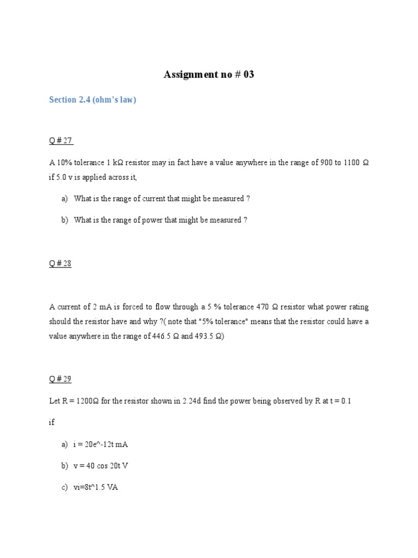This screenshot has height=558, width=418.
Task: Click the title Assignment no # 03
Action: point(209,75)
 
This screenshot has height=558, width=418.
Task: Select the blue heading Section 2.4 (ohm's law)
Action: point(93,100)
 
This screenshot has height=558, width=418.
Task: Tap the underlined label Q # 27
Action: point(60,141)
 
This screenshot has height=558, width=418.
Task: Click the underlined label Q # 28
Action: point(60,264)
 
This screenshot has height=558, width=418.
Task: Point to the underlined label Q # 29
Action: point(60,379)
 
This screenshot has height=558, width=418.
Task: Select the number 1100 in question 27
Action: point(352,163)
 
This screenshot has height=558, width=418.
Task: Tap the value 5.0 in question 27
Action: point(62,177)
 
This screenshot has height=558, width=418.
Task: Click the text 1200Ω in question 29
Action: point(87,401)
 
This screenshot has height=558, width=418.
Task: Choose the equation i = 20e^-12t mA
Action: point(101,444)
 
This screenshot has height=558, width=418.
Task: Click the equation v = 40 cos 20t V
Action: point(101,466)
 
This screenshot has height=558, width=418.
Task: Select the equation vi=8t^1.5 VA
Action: point(96,487)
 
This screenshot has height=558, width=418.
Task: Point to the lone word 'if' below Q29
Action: point(52,422)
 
